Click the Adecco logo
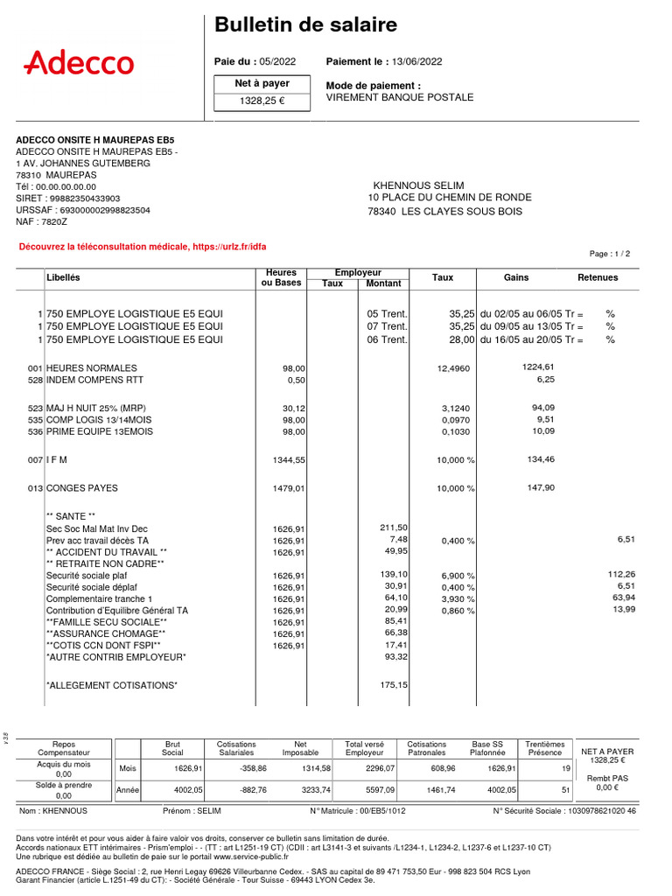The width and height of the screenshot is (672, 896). coord(79,62)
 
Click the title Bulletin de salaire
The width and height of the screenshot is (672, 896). coord(305,25)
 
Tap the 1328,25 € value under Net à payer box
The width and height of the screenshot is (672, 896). coord(262,101)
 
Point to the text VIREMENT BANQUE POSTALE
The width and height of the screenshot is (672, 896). coord(400,97)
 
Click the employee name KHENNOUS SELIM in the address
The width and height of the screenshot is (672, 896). coord(416,185)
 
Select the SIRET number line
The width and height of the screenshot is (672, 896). coord(68,199)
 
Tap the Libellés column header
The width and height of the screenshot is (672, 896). coord(63,277)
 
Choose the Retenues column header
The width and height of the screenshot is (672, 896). coord(598,277)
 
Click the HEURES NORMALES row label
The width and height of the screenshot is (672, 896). coord(91,368)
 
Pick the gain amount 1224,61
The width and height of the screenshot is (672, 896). coord(539,367)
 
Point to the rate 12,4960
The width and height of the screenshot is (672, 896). coord(453,368)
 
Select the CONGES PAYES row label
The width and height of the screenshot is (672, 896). coord(81,488)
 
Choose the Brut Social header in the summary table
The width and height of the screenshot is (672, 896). coord(172,748)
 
